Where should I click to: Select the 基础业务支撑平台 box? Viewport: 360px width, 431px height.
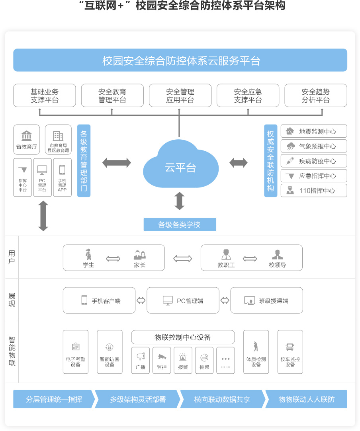[44, 96]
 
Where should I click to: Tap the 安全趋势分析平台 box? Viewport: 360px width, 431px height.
[315, 96]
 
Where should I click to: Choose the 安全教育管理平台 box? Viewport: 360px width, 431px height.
[112, 96]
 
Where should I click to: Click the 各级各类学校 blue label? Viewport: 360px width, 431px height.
[180, 224]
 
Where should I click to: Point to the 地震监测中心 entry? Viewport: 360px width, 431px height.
[313, 131]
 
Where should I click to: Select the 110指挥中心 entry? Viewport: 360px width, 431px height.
[313, 190]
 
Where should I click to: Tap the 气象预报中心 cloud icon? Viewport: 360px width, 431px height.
[291, 146]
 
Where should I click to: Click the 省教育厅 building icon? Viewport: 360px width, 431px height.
[27, 135]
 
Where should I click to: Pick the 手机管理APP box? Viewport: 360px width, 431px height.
[62, 177]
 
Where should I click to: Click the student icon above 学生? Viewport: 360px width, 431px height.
[88, 254]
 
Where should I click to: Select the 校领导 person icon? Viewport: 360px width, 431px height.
[278, 254]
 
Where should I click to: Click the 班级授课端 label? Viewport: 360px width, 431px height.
[274, 301]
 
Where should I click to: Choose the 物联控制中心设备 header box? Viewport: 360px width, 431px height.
[183, 337]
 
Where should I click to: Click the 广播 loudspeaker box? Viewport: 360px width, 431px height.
[141, 360]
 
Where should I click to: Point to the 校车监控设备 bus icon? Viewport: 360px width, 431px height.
[290, 347]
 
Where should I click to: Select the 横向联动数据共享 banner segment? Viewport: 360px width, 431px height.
[222, 399]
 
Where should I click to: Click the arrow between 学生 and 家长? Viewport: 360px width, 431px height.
[113, 259]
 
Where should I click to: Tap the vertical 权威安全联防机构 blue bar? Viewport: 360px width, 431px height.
[271, 161]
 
